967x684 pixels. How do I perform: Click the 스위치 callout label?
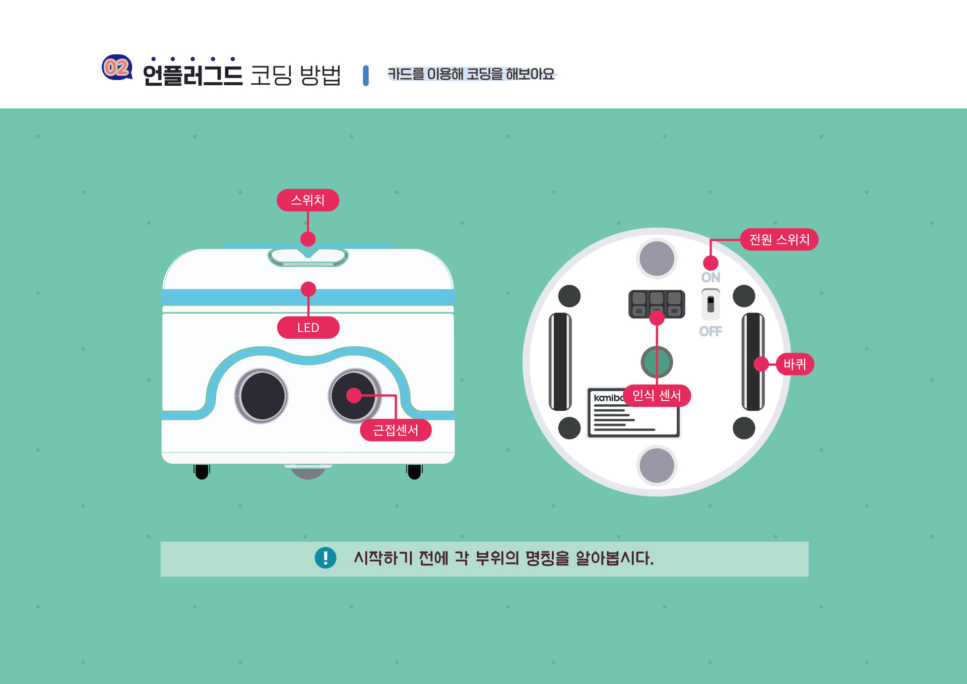point(308,200)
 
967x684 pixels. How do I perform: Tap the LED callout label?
point(308,328)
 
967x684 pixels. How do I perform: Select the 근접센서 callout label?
point(396,430)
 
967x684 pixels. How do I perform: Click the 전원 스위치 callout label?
point(779,239)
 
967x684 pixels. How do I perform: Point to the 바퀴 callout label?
point(795,364)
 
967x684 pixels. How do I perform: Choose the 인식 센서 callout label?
point(657,396)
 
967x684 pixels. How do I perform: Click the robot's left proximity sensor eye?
point(262,396)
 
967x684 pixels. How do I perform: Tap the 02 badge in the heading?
point(117,68)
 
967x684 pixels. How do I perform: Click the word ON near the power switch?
point(711,277)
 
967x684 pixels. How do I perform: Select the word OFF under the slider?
point(711,331)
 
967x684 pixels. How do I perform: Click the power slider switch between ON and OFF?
point(711,304)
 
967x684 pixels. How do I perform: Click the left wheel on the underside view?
point(560,361)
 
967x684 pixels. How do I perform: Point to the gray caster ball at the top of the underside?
point(657,259)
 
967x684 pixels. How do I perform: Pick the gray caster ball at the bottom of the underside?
point(657,466)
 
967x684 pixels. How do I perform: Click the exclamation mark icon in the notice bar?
point(326,558)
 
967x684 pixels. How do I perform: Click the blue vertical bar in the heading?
point(366,76)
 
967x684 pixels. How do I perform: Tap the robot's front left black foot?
point(202,472)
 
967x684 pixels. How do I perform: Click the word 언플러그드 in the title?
point(192,75)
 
